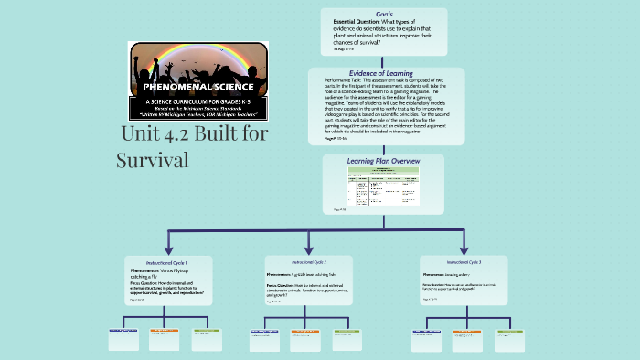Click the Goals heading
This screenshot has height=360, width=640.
(384, 15)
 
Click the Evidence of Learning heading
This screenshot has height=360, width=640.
(380, 73)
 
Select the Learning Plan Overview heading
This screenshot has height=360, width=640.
(383, 161)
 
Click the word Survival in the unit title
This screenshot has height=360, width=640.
(152, 160)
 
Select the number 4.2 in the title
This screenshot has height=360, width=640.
(183, 135)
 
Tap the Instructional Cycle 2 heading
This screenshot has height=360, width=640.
(309, 262)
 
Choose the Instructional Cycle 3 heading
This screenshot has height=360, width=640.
(464, 262)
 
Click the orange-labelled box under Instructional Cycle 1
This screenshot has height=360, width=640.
(165, 338)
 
